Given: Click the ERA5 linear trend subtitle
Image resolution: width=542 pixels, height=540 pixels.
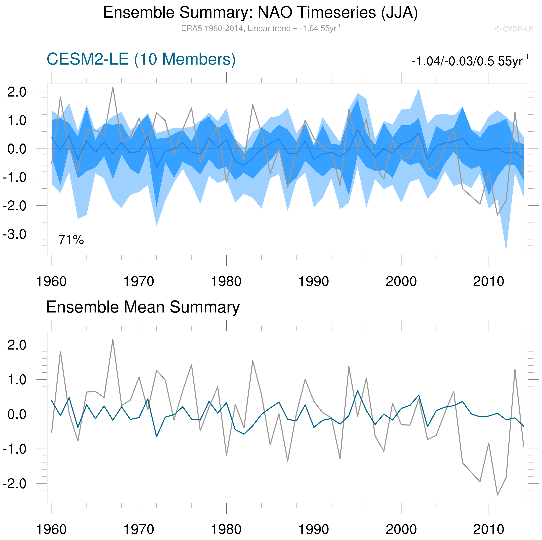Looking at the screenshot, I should click(x=260, y=28).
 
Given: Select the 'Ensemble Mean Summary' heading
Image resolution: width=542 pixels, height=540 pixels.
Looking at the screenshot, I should click(x=143, y=307).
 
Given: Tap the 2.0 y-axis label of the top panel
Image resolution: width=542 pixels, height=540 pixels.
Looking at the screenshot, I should click(x=17, y=92).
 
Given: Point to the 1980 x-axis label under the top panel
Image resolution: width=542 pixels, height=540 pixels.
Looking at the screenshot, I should click(x=226, y=281).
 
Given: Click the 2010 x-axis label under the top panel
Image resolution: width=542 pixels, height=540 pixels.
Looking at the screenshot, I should click(x=488, y=281).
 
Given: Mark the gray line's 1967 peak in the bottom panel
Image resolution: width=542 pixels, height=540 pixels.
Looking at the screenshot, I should click(x=113, y=340).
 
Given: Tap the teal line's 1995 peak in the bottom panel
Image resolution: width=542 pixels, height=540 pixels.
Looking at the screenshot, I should click(x=357, y=391).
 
